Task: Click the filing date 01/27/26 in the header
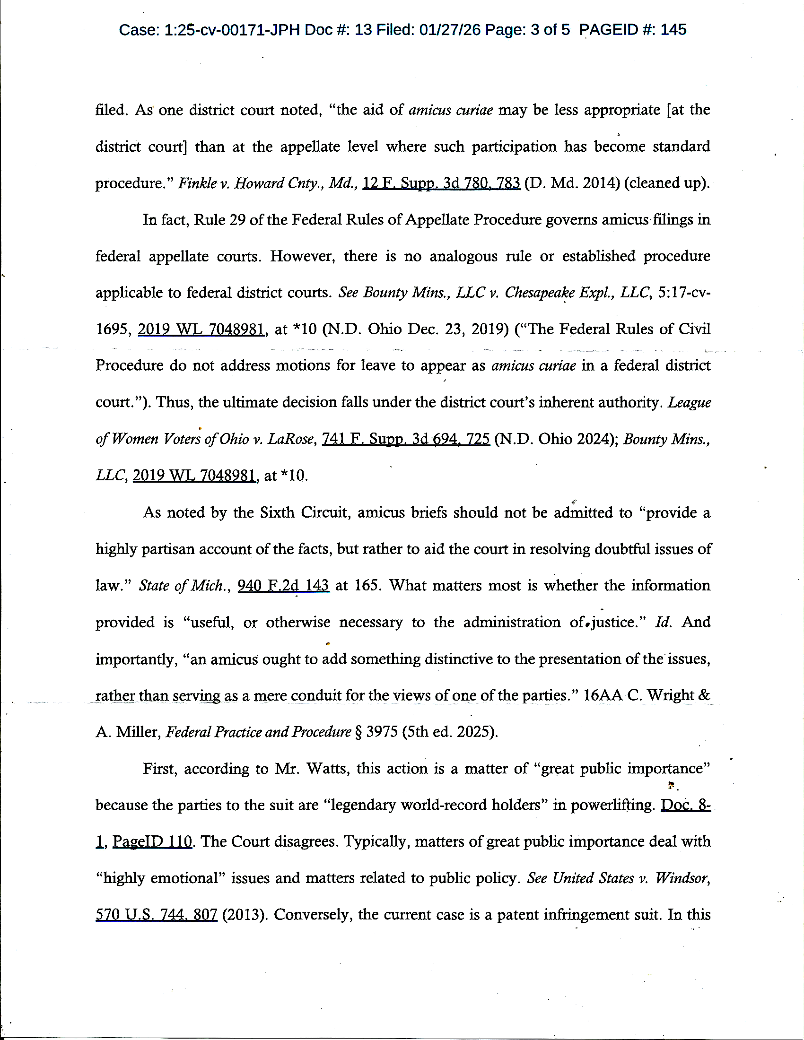tap(450, 30)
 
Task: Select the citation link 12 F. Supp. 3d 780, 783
tap(441, 183)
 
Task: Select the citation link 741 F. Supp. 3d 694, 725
tap(406, 439)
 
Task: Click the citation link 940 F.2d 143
tap(283, 586)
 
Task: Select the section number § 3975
tap(376, 732)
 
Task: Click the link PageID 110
tap(152, 842)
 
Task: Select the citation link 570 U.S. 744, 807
tap(157, 915)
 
